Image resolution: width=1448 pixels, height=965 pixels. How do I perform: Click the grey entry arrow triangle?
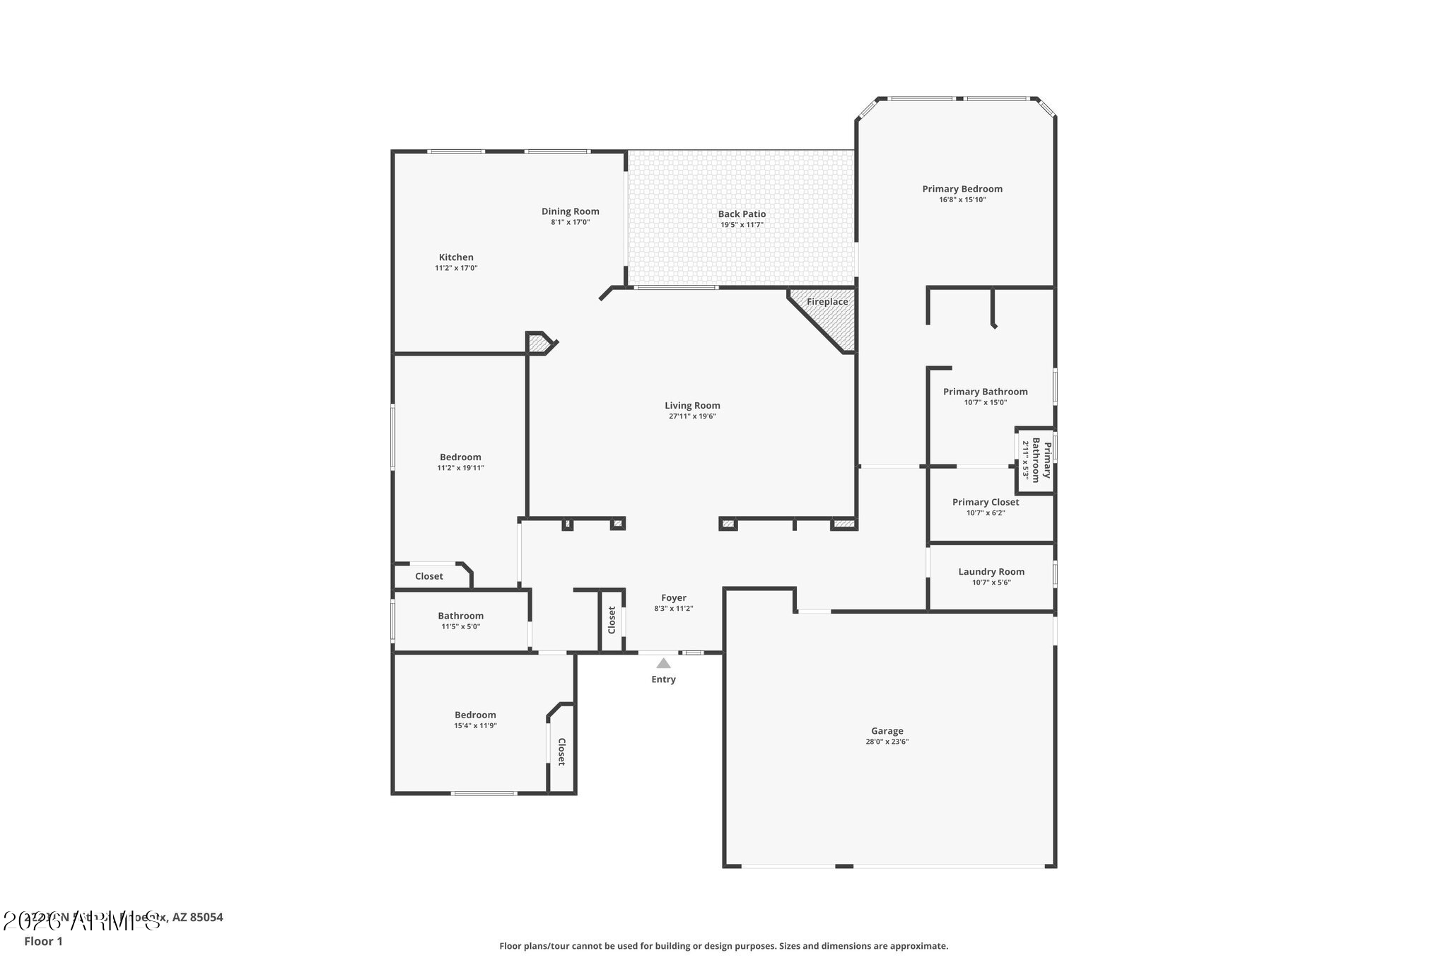(663, 663)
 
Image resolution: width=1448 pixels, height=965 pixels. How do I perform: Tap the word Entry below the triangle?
(663, 679)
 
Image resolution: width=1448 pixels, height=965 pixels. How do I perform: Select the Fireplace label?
(827, 302)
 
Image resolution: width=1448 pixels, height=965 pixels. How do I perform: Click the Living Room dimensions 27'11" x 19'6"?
(692, 416)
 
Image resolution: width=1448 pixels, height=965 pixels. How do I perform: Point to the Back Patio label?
(742, 214)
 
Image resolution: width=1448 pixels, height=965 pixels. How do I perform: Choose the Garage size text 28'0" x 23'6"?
(887, 742)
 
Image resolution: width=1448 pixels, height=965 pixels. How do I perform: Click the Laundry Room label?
(991, 572)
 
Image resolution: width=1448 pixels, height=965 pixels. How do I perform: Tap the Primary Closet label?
(986, 502)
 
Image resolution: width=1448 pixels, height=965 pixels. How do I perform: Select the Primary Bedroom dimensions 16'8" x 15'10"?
(962, 200)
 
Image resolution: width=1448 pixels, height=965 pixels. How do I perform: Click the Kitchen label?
(456, 257)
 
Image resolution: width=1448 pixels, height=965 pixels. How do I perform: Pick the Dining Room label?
(570, 211)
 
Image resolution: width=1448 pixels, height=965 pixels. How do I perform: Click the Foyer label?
(673, 598)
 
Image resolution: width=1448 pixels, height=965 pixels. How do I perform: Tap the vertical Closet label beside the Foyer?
(612, 620)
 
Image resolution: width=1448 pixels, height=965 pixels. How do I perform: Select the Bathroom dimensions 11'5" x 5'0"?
(460, 626)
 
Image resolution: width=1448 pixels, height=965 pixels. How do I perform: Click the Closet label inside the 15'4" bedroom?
(561, 751)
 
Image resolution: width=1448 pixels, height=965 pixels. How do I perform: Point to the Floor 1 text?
(43, 941)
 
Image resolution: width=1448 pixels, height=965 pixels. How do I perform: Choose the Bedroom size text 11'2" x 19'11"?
(460, 468)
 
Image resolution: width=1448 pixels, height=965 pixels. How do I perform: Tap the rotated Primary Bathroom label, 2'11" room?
(1041, 460)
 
